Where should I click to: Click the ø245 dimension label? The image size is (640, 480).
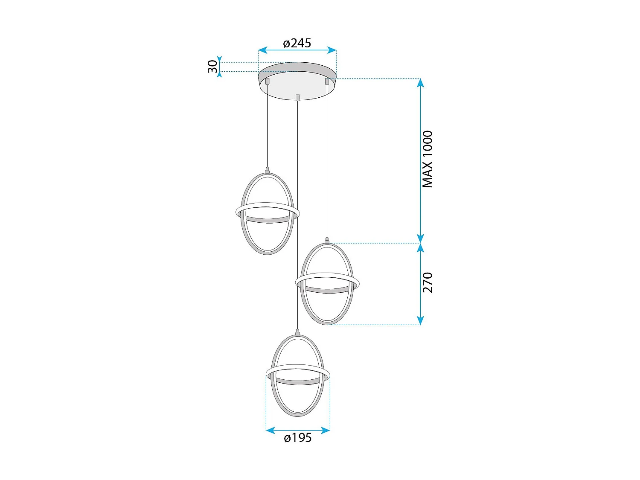pyautogui.click(x=297, y=43)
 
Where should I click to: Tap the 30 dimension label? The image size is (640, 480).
pyautogui.click(x=212, y=67)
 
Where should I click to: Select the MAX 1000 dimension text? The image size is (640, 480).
pyautogui.click(x=427, y=159)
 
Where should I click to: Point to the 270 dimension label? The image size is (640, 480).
pyautogui.click(x=427, y=282)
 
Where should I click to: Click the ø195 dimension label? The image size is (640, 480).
pyautogui.click(x=298, y=438)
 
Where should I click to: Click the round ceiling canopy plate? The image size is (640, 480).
pyautogui.click(x=297, y=83)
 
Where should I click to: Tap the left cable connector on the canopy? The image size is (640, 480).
pyautogui.click(x=268, y=81)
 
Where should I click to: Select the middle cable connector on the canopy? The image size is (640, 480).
pyautogui.click(x=297, y=97)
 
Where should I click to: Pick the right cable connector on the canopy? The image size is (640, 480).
pyautogui.click(x=327, y=81)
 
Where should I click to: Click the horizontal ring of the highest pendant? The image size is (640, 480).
pyautogui.click(x=268, y=212)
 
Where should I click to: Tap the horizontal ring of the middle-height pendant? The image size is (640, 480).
pyautogui.click(x=327, y=282)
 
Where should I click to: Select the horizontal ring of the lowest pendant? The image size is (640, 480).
pyautogui.click(x=298, y=373)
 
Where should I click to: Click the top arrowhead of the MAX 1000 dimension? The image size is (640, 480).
pyautogui.click(x=421, y=83)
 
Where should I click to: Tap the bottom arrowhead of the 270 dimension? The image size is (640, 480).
pyautogui.click(x=421, y=320)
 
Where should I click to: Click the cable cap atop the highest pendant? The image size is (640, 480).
pyautogui.click(x=268, y=170)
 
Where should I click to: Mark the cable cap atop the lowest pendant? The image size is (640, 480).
pyautogui.click(x=298, y=332)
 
